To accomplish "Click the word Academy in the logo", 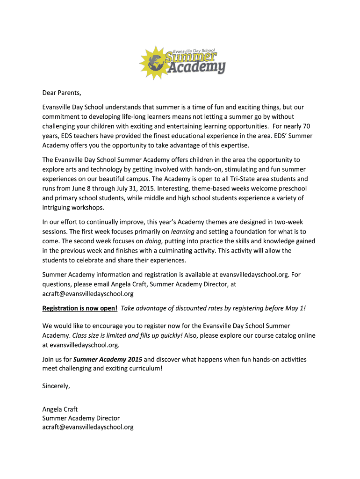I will pyautogui.click(x=196, y=67).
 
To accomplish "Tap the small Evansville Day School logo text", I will pyautogui.click(x=194, y=50).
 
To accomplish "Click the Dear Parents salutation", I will pyautogui.click(x=58, y=92).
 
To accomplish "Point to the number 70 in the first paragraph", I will pyautogui.click(x=306, y=126).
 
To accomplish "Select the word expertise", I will pyautogui.click(x=232, y=145).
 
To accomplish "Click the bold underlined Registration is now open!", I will pyautogui.click(x=80, y=308).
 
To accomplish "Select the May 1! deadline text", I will pyautogui.click(x=295, y=308).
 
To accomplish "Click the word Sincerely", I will pyautogui.click(x=56, y=386).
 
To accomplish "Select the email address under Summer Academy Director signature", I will pyautogui.click(x=88, y=427).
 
